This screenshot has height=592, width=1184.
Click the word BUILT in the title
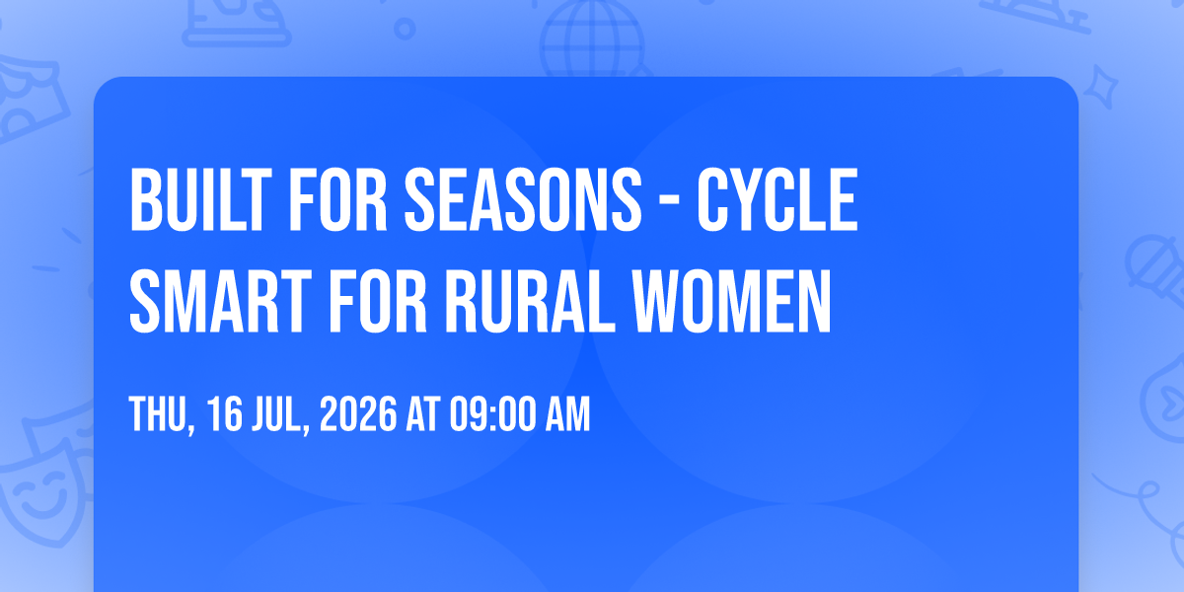click(200, 199)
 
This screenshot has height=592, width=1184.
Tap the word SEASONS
click(523, 199)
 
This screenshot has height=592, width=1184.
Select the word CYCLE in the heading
click(777, 199)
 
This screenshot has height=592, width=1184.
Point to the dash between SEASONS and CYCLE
click(670, 202)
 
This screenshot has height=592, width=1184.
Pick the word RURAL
click(531, 302)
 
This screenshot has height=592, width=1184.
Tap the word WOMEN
click(732, 302)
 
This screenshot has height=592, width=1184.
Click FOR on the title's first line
click(338, 199)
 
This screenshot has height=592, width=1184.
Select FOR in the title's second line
click(378, 302)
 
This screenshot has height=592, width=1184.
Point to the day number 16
click(225, 413)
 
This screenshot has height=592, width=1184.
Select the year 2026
click(358, 413)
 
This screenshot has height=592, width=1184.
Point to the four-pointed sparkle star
click(1101, 87)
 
